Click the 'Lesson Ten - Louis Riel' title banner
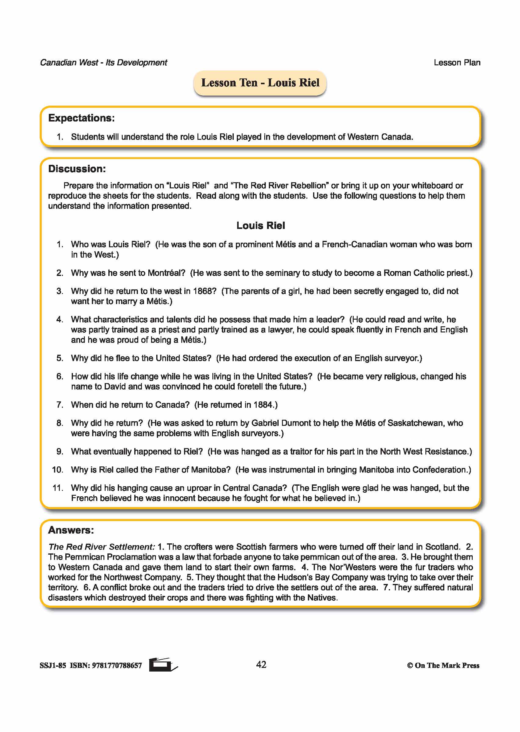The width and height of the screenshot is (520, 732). click(260, 83)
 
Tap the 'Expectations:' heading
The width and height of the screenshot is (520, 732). click(81, 118)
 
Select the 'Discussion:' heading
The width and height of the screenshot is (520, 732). click(77, 169)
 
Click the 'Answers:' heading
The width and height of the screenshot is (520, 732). click(71, 530)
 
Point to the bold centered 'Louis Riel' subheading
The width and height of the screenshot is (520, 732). click(260, 226)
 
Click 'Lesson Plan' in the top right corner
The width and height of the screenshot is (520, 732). click(457, 63)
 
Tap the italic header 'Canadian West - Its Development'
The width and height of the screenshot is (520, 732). click(103, 63)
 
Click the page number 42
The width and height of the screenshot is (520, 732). click(261, 665)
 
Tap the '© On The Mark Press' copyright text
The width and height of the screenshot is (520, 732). click(443, 665)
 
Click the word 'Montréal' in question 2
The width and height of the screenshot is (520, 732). click(166, 273)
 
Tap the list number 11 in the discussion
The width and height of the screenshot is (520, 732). click(58, 488)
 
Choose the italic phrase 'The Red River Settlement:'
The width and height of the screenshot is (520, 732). click(102, 547)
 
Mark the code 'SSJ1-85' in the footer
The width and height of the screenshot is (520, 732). click(53, 665)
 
